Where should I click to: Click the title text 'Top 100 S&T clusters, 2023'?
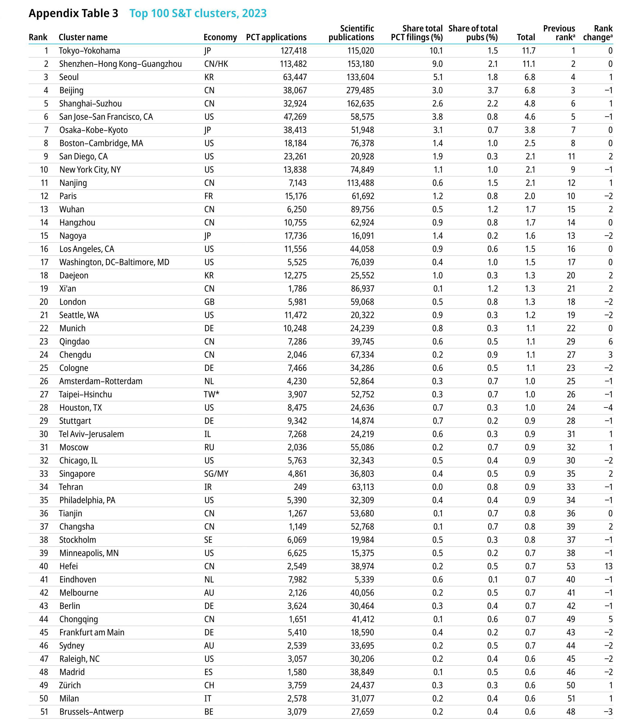tap(198, 13)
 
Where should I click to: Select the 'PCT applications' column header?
tap(276, 37)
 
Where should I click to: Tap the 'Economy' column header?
tap(220, 37)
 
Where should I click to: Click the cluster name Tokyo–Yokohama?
tap(90, 51)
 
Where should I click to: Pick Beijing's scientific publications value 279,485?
tap(360, 90)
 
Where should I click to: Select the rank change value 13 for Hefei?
tap(608, 566)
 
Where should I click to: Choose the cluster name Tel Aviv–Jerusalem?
tap(91, 434)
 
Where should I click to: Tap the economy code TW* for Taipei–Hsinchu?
tap(212, 394)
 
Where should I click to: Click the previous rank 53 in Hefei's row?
tap(571, 566)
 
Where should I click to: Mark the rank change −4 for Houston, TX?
tap(608, 408)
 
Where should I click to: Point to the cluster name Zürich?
tap(70, 685)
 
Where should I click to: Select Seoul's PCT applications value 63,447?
tap(295, 77)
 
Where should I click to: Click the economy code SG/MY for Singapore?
tap(216, 474)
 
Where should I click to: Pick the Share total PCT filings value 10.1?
tap(436, 51)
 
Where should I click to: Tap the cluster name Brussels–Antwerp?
tap(91, 712)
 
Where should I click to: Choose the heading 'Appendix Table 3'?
tap(73, 13)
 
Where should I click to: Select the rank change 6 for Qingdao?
tap(610, 342)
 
